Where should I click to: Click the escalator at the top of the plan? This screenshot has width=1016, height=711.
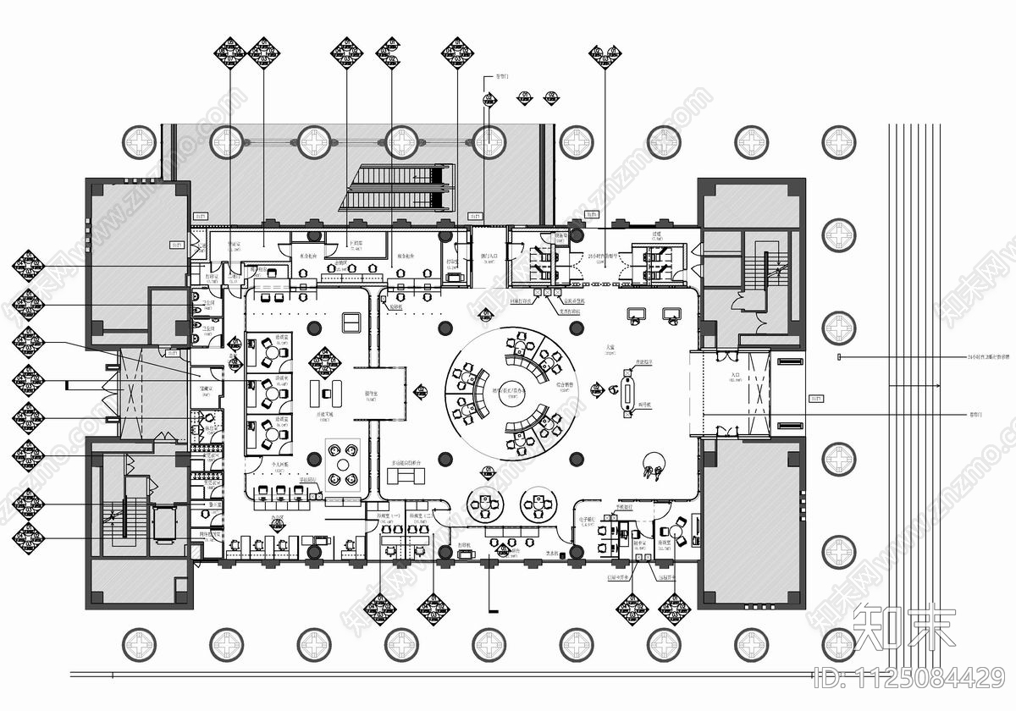pyautogui.click(x=396, y=188)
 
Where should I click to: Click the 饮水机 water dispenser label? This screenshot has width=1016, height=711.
pyautogui.click(x=554, y=554)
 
